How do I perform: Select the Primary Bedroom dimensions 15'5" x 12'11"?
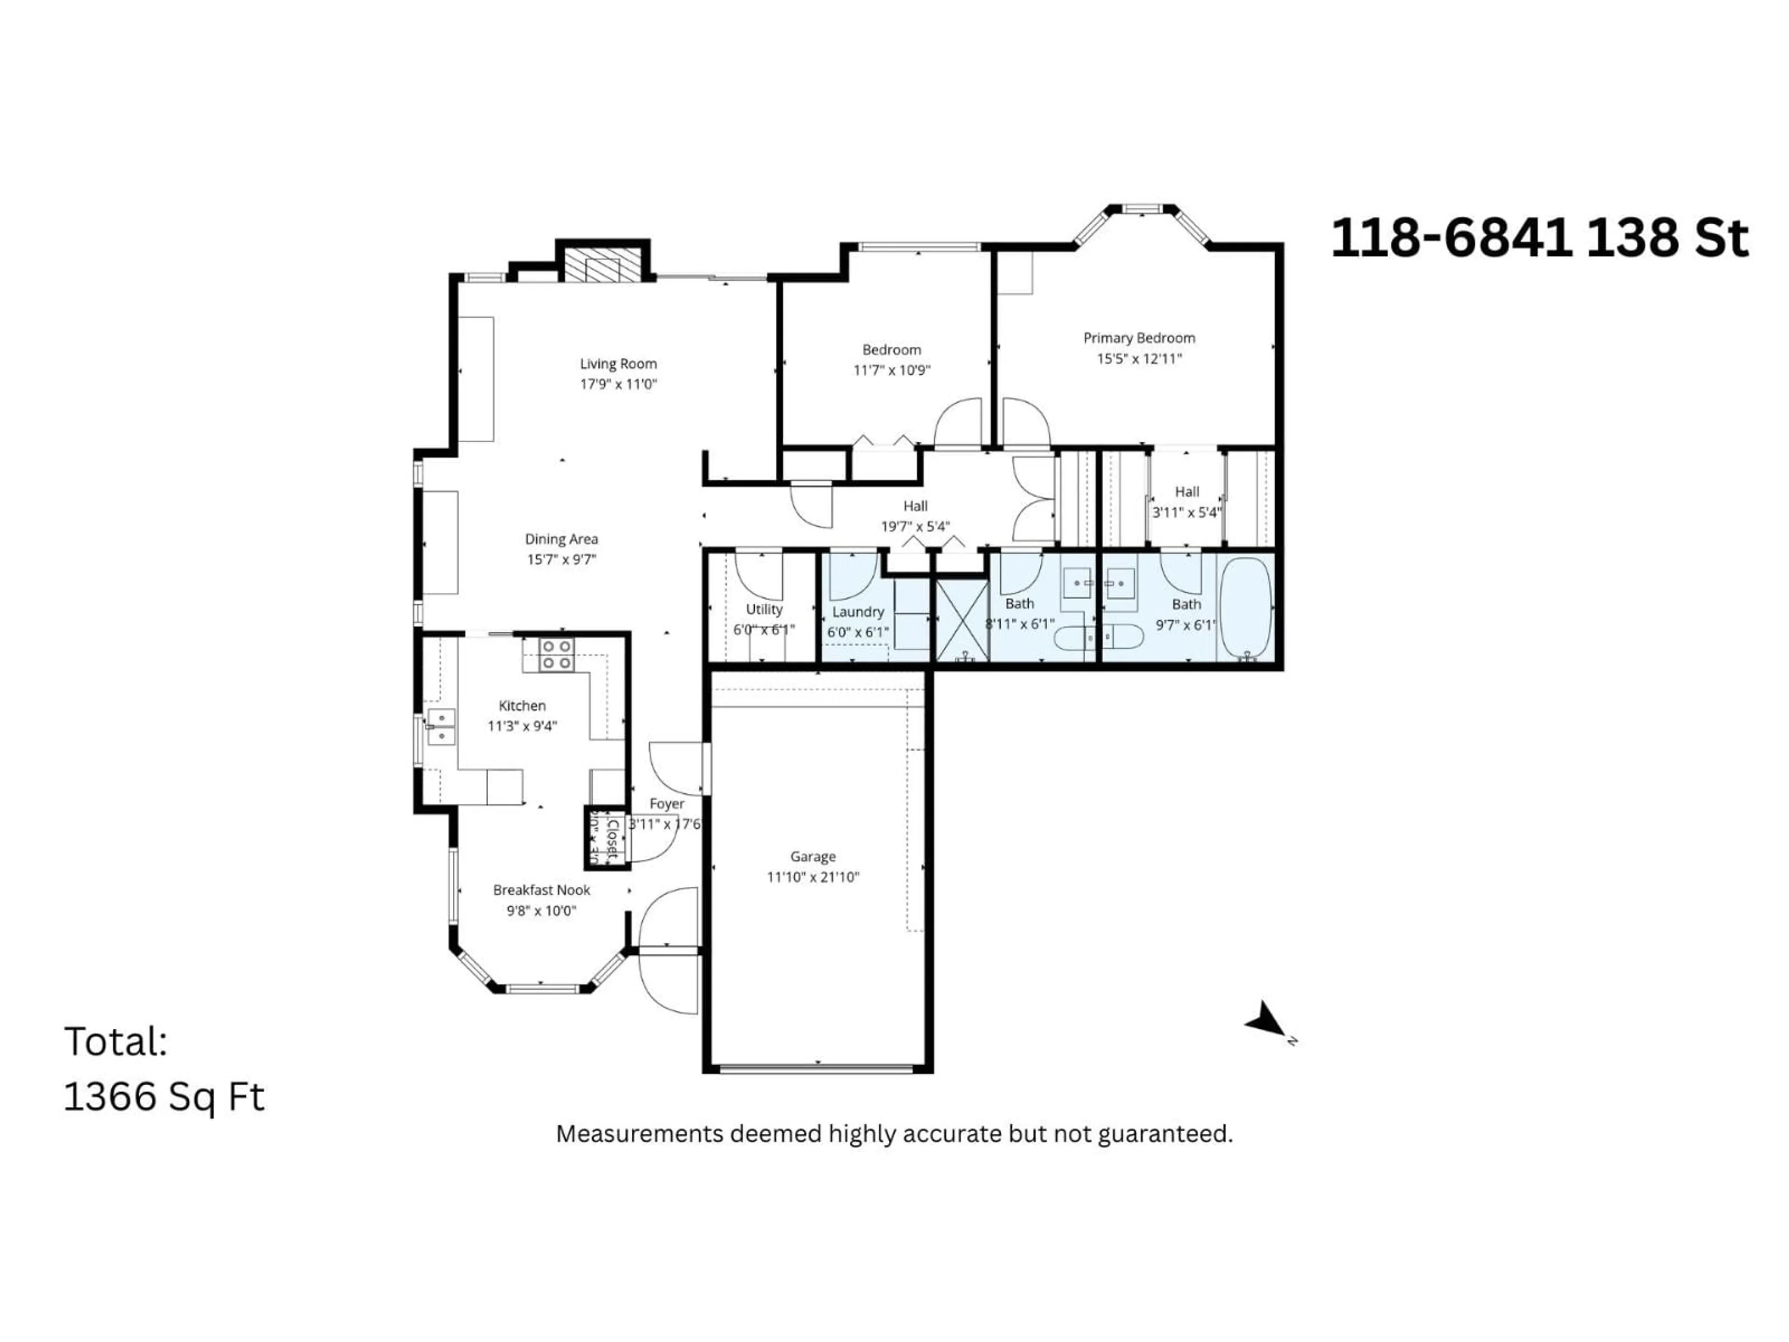click(1139, 358)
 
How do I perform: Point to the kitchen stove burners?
click(556, 654)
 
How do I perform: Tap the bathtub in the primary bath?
click(1245, 607)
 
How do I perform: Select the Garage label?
click(813, 856)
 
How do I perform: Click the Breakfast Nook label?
click(541, 890)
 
